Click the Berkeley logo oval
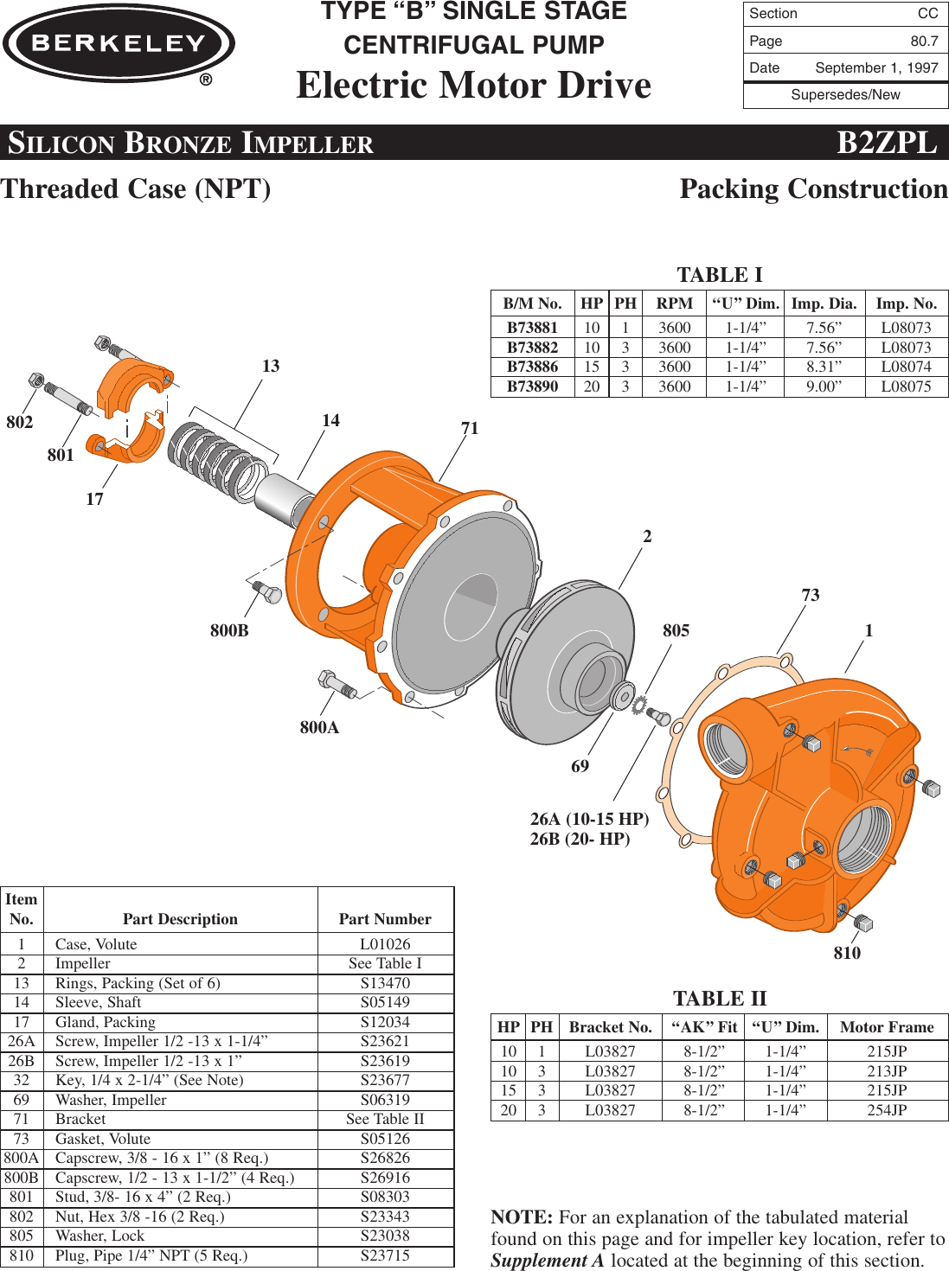click(119, 43)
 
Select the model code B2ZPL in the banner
click(887, 143)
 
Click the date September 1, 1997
click(876, 68)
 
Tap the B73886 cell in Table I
click(532, 367)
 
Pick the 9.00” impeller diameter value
click(824, 386)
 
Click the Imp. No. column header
click(906, 303)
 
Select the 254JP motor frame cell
click(887, 1110)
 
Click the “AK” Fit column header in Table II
click(704, 1027)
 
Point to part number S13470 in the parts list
click(385, 983)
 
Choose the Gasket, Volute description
click(103, 1139)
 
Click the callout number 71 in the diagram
click(470, 428)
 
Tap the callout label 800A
click(319, 727)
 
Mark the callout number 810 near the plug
click(847, 953)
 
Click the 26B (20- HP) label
click(580, 839)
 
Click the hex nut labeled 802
click(35, 380)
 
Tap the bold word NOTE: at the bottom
click(522, 1217)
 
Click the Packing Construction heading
click(813, 188)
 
